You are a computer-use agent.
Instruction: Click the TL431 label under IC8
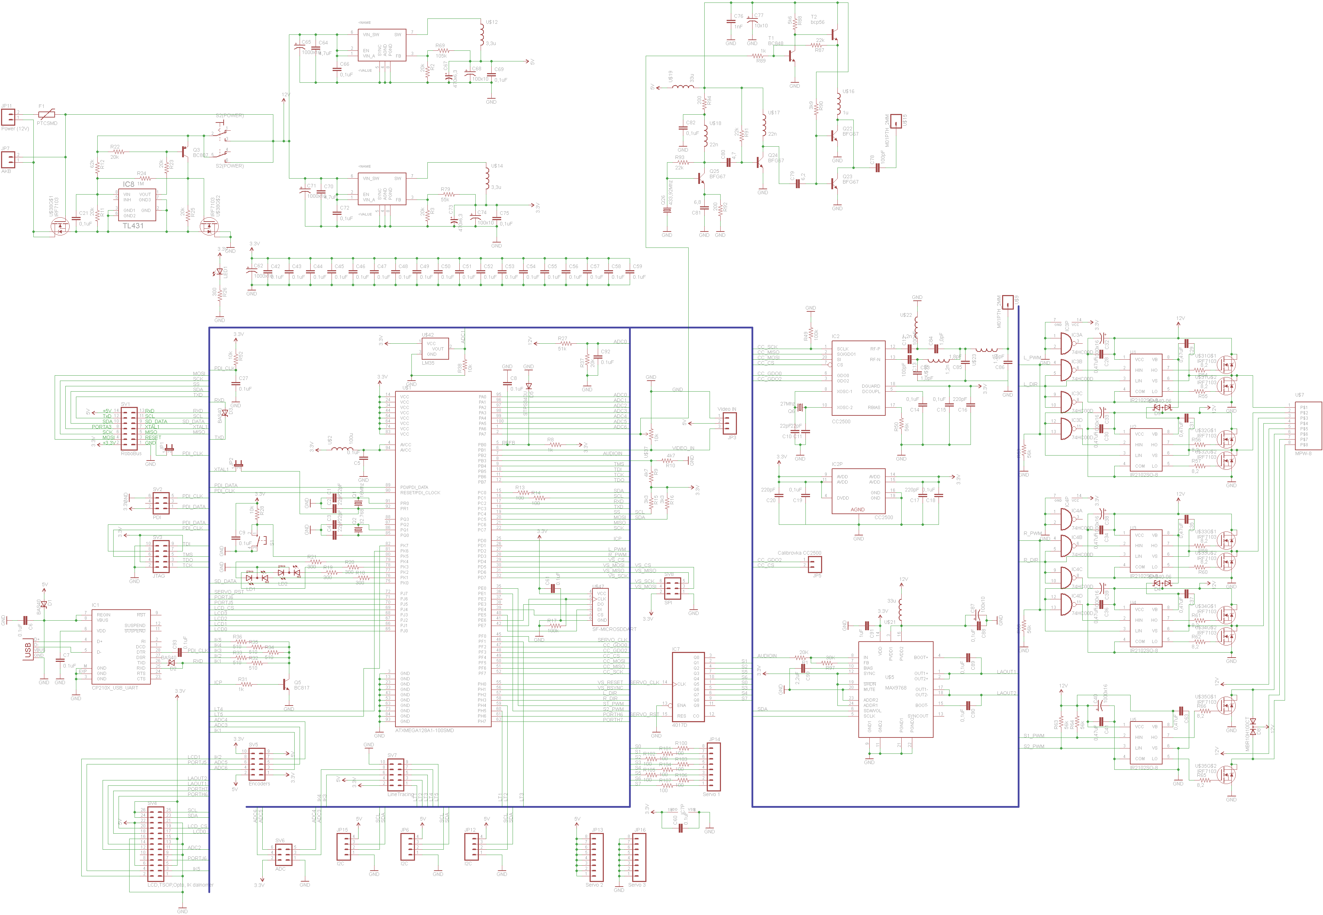pos(133,226)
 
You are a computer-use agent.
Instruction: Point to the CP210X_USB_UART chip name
pos(115,687)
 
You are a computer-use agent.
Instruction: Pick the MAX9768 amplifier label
pos(895,687)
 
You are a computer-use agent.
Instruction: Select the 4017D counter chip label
pos(679,725)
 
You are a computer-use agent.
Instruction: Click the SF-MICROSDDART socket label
pos(614,629)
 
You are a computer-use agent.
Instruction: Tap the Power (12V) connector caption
pos(15,129)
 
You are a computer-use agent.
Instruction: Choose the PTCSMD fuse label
pos(47,123)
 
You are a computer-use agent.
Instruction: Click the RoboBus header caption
pos(131,453)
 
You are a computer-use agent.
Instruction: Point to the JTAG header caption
pos(159,576)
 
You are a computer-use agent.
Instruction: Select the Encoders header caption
pos(259,784)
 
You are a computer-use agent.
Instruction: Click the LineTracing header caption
pos(400,794)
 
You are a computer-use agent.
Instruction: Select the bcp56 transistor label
pos(818,22)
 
